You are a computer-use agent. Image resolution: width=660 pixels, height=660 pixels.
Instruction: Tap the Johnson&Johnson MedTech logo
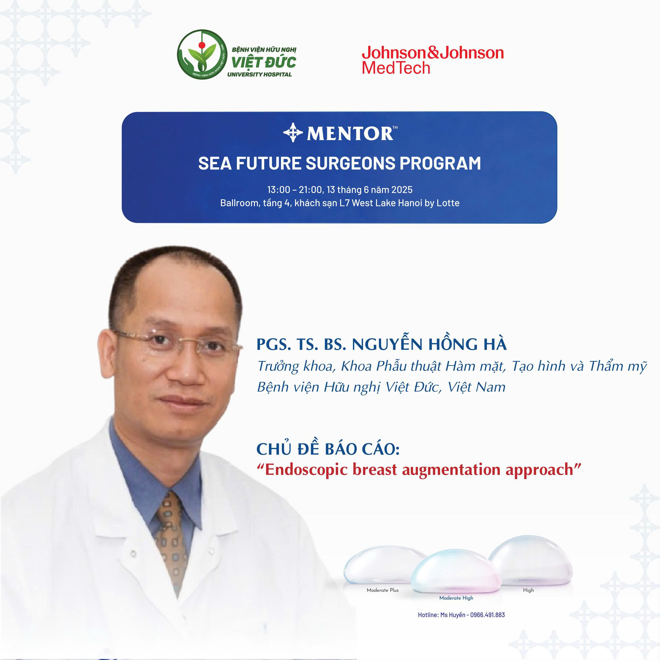tap(433, 60)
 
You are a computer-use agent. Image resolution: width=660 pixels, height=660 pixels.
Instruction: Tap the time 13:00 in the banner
tap(279, 189)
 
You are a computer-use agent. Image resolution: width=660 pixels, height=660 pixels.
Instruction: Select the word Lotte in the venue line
tap(449, 203)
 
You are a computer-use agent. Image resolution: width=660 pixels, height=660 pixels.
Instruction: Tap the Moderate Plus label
tap(383, 590)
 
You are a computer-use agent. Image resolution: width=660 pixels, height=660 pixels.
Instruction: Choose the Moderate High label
tap(456, 598)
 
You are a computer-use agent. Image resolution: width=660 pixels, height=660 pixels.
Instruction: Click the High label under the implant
tap(528, 590)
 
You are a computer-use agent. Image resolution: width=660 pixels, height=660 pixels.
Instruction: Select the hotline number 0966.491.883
tap(488, 615)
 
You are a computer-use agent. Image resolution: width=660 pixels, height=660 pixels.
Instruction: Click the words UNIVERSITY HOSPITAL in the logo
tap(260, 75)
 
